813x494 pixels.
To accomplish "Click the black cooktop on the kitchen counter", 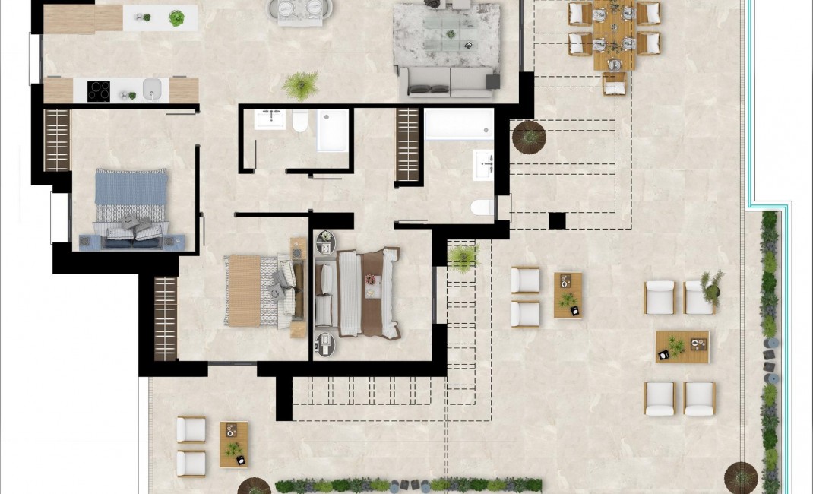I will point(100,90).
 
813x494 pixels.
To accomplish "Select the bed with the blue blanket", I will point(130,206).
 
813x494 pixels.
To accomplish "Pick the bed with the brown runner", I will point(357,293).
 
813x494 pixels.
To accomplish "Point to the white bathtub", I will point(458,124).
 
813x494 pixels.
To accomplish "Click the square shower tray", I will point(332,130).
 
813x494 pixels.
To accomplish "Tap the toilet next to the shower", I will point(300,121).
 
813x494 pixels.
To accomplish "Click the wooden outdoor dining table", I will point(614,34).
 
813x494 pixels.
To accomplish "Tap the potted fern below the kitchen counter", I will point(302,84).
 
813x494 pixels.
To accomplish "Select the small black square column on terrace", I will point(557,220).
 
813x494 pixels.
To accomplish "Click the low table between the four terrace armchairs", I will point(682,347).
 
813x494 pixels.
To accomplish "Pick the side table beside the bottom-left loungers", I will point(234,444).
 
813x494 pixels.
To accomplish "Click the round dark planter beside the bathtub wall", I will point(529,137).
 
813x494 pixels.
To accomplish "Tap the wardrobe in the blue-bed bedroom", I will point(57,140).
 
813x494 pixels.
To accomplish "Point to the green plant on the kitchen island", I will point(176,17).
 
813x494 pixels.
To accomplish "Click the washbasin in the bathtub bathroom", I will point(483,164).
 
